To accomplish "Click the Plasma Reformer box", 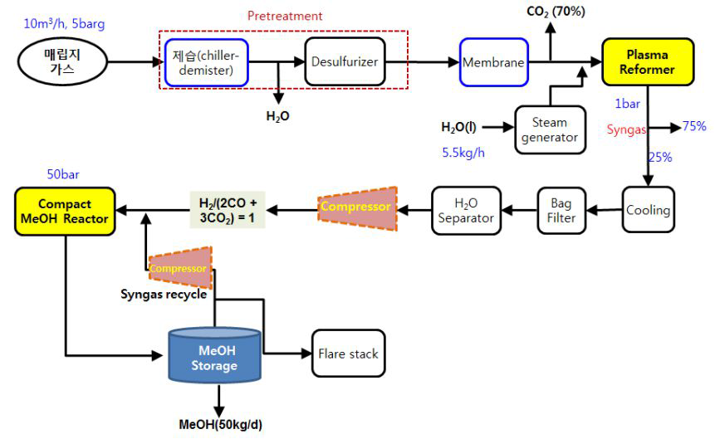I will click(648, 61).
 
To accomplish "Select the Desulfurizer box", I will click(345, 61).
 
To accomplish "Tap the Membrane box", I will click(494, 61).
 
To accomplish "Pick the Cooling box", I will click(649, 210).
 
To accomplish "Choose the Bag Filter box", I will click(556, 210).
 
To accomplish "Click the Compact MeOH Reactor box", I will click(65, 210).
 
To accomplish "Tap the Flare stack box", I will click(348, 354).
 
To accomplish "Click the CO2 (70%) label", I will click(556, 11).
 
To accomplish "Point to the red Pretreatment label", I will click(285, 16).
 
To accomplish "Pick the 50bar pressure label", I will click(65, 176).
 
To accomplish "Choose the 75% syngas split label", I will click(694, 126).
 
